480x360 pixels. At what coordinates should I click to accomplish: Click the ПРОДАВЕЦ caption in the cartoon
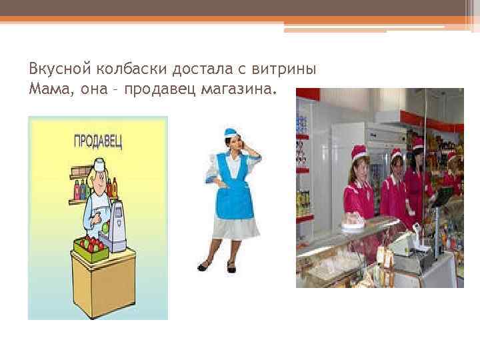97,141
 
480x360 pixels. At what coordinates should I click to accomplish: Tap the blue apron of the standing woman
230,190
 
